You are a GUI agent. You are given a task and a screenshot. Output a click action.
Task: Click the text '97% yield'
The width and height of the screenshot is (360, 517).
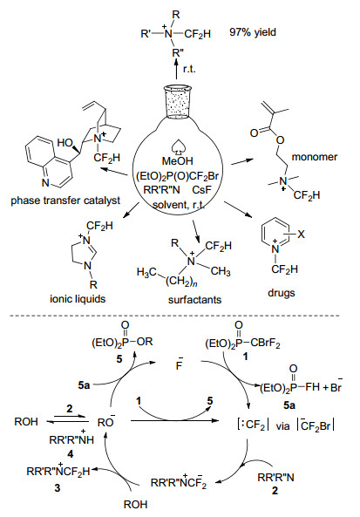coord(253,32)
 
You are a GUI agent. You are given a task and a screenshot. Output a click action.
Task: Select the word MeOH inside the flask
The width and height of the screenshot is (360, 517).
coord(177,161)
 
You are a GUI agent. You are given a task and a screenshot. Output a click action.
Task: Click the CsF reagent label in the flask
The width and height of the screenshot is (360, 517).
coord(201,190)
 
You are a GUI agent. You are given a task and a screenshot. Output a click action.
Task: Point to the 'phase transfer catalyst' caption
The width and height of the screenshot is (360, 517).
coord(65,201)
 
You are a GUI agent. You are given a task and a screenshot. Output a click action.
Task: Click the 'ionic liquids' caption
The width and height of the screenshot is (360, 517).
coord(78,299)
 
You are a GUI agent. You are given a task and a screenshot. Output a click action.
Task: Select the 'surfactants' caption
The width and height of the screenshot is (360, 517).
coord(194,300)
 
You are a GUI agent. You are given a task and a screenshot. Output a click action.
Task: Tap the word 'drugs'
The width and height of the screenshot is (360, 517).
coord(282,293)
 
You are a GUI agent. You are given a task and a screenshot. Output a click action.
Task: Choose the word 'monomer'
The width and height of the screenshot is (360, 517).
coord(315,157)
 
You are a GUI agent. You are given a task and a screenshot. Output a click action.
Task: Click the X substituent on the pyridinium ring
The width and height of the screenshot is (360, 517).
coord(301,235)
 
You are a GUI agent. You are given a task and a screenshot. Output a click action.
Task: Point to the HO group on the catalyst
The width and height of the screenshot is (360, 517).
coord(65,143)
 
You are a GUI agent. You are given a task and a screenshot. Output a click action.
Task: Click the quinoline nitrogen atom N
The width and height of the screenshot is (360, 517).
coord(45,183)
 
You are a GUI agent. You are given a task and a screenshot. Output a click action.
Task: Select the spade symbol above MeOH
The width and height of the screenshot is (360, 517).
coord(177,148)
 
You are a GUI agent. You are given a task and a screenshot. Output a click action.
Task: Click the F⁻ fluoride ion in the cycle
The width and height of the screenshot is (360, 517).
coord(180,364)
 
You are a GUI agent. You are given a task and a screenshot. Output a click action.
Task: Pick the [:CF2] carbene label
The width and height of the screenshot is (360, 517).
coord(252,425)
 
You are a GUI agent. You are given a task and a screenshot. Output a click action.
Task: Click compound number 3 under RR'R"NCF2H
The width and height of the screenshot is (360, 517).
coord(58,487)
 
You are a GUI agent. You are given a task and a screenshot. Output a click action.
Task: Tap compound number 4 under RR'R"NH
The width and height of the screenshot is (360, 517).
coord(70,454)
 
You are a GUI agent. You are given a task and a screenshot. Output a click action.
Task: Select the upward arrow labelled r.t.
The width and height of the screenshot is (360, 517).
coord(176,69)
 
